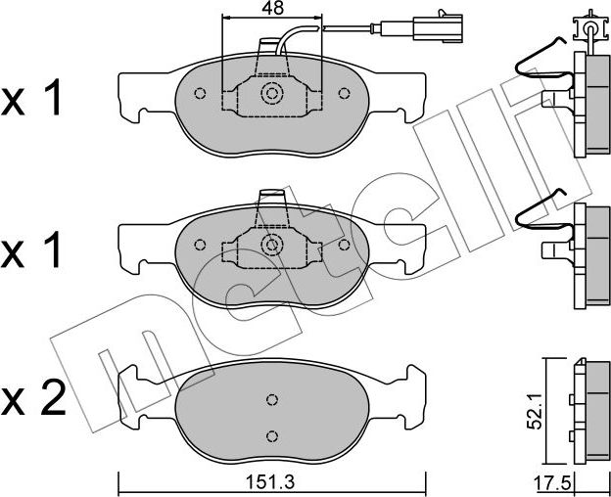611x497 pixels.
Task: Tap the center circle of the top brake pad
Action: click(271, 94)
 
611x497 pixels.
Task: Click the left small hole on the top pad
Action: click(200, 94)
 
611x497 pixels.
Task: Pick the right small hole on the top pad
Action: click(344, 94)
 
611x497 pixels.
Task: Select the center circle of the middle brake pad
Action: click(271, 245)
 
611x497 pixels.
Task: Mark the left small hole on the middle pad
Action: click(200, 245)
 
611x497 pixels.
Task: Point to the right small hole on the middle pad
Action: click(344, 245)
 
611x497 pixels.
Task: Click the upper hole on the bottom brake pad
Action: click(272, 399)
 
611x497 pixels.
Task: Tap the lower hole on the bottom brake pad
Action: click(272, 435)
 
